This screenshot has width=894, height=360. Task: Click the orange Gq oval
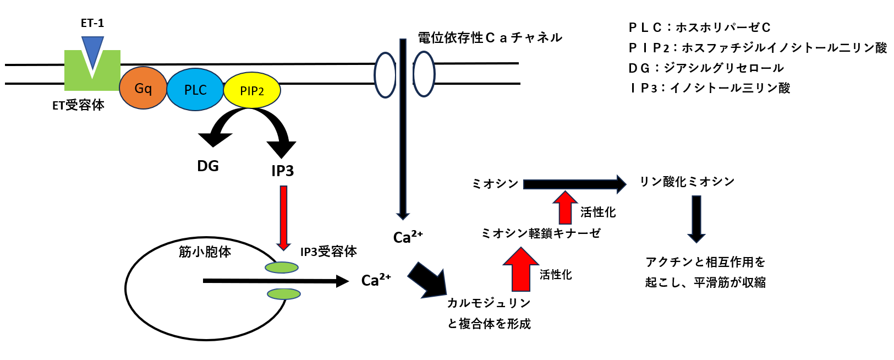click(143, 88)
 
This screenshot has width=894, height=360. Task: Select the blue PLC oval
click(195, 90)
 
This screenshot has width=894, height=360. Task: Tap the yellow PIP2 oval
click(252, 91)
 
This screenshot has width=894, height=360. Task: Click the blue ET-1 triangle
click(92, 50)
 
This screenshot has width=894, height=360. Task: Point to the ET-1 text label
click(92, 23)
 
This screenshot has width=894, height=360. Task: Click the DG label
click(208, 166)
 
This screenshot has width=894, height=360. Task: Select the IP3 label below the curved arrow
click(283, 171)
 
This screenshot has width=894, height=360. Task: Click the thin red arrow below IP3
click(283, 217)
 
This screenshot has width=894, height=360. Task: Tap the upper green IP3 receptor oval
click(282, 268)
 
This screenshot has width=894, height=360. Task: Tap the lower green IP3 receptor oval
click(284, 293)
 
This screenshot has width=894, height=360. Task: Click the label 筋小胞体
click(205, 252)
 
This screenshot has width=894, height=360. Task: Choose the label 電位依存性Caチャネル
click(490, 37)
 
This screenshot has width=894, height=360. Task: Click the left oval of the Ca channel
click(385, 75)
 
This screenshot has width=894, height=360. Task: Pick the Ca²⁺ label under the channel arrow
click(408, 237)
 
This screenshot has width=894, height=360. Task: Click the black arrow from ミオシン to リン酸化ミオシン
click(574, 184)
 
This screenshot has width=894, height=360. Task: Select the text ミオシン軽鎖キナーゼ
click(540, 233)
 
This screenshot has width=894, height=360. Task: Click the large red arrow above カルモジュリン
click(520, 270)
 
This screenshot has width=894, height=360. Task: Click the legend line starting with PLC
click(699, 28)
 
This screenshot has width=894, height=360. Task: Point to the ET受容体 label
click(78, 105)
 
